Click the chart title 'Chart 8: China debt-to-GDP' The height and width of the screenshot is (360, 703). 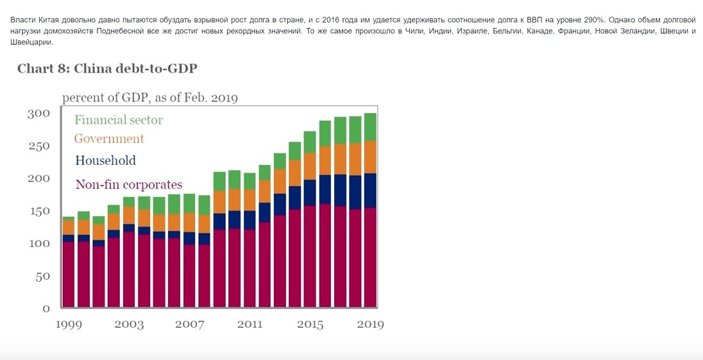107,69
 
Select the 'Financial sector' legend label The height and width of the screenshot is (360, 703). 119,120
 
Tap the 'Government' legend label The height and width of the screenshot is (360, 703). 109,139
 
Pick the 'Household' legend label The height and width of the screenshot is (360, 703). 105,161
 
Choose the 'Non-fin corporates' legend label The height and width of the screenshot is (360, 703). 128,185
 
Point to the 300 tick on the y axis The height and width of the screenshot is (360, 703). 38,114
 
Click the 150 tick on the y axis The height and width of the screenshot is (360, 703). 38,211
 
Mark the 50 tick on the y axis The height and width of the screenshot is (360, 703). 42,276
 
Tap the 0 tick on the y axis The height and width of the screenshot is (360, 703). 46,308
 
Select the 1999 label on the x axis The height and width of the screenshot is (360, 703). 69,325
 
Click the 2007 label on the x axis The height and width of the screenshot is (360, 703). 189,325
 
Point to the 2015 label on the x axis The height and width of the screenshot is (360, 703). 310,325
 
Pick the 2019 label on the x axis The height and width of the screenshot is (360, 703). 370,325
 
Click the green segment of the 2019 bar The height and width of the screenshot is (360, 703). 370,127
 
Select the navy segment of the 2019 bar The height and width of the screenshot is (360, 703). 370,191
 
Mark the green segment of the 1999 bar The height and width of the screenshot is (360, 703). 69,219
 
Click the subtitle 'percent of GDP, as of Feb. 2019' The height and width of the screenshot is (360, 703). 149,98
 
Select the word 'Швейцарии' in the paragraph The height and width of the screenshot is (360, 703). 31,42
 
